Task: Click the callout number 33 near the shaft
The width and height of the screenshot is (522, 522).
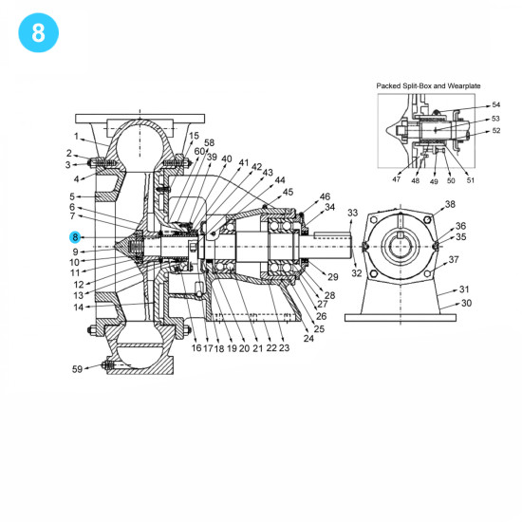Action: pyautogui.click(x=353, y=213)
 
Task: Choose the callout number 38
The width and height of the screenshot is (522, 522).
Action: pyautogui.click(x=450, y=204)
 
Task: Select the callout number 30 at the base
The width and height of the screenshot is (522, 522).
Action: pyautogui.click(x=465, y=304)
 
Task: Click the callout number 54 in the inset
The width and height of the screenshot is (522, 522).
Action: pyautogui.click(x=495, y=105)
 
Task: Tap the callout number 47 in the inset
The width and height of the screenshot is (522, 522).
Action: pyautogui.click(x=396, y=178)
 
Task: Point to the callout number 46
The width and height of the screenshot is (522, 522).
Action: pyautogui.click(x=325, y=196)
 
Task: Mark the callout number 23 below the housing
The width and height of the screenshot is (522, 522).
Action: pyautogui.click(x=284, y=348)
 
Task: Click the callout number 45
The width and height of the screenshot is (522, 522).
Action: pyautogui.click(x=289, y=192)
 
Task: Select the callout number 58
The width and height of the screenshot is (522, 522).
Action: pyautogui.click(x=209, y=142)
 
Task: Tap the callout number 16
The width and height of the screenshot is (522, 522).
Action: pyautogui.click(x=196, y=348)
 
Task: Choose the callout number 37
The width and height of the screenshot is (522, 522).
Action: pyautogui.click(x=454, y=259)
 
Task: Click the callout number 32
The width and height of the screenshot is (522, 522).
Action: pyautogui.click(x=357, y=273)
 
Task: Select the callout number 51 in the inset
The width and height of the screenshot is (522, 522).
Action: pyautogui.click(x=471, y=178)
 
